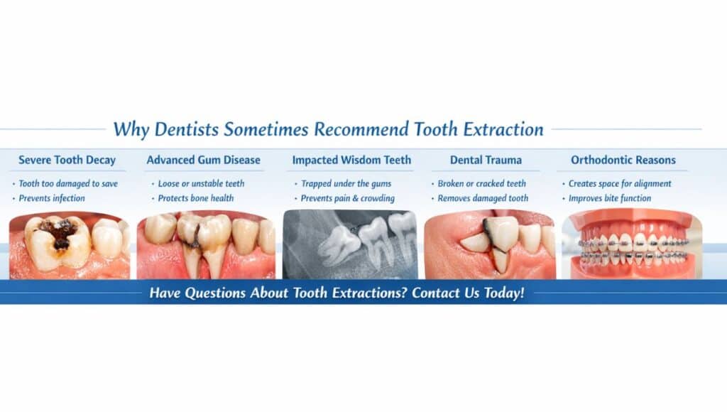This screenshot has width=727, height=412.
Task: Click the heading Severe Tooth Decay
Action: coord(67,160)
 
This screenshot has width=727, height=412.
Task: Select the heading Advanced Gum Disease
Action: coord(204,160)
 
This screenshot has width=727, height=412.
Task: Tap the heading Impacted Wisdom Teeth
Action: coord(351,160)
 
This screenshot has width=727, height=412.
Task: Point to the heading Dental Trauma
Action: coord(486,160)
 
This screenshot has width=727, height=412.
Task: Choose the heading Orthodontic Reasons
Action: coord(623,160)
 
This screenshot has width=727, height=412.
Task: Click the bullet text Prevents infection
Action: coord(52,198)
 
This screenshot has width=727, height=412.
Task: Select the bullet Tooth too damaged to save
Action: coord(68,184)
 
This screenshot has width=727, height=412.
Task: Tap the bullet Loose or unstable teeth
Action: coord(201,184)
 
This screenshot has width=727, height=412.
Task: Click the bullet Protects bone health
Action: coord(196,198)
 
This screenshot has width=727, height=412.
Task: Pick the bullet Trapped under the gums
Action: coord(346,184)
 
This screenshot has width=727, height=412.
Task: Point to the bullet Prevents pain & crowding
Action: coord(348,198)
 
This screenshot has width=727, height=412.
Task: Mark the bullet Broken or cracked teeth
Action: coord(482,184)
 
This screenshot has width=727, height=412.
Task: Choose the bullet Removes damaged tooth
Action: coord(483,198)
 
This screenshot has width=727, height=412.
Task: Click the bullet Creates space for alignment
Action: coord(620,184)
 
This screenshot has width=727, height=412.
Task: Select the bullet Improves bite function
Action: coord(610,198)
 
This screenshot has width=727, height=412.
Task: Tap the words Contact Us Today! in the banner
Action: coord(469,293)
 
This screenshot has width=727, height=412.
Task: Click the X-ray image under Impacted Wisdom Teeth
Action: coord(350,244)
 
